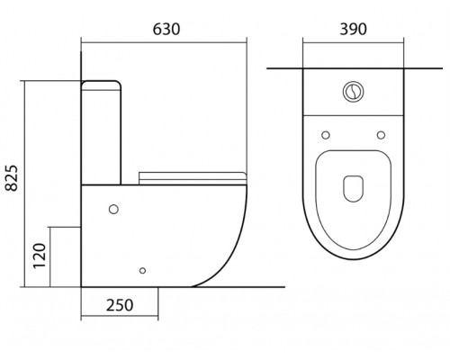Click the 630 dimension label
point(166,30)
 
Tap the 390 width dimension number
point(353,30)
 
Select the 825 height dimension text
point(13,178)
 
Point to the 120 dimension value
point(40,256)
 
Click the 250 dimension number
point(120,305)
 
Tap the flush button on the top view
point(354,92)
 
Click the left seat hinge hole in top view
point(326,135)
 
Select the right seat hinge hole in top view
point(381,135)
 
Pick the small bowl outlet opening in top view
point(353,188)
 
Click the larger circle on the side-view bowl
point(113,209)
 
